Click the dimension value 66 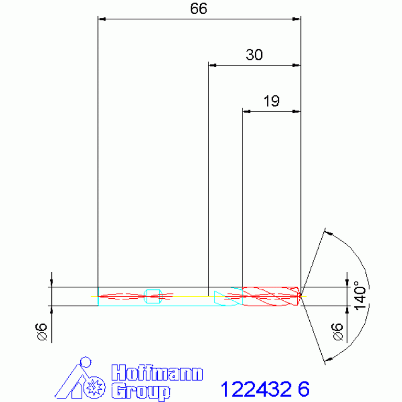(x=199, y=9)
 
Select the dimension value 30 (x=254, y=55)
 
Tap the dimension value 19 (x=271, y=101)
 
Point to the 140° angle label (x=360, y=296)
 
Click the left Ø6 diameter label (x=41, y=331)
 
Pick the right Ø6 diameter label (x=337, y=331)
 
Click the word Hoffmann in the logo (x=157, y=373)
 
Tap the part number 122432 (x=256, y=389)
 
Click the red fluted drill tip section (x=271, y=296)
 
